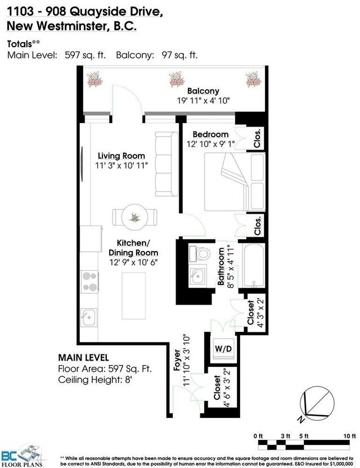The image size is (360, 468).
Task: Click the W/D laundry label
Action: click(x=223, y=348)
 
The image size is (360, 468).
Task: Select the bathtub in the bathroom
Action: click(x=254, y=265)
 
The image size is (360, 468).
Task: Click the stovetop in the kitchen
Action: click(x=89, y=281)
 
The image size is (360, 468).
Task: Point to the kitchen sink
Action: click(x=89, y=317)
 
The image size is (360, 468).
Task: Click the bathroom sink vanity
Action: click(x=197, y=276)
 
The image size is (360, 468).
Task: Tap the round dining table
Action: click(x=135, y=217)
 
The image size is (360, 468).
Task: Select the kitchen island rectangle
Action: click(x=133, y=295)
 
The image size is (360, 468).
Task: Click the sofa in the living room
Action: click(x=166, y=164)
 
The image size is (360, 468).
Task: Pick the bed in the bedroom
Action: click(x=235, y=182)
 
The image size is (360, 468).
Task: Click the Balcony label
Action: click(x=203, y=91)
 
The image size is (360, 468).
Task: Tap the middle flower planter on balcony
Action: click(x=177, y=79)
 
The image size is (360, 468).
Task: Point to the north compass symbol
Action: click(x=317, y=403)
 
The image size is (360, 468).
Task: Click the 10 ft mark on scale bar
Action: click(x=349, y=436)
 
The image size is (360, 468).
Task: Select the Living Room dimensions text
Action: click(x=121, y=165)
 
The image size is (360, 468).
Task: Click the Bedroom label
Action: click(x=210, y=134)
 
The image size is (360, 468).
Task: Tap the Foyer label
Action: click(x=177, y=360)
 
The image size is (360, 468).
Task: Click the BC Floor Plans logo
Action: click(x=21, y=456)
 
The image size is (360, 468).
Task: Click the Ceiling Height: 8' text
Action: click(x=95, y=380)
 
